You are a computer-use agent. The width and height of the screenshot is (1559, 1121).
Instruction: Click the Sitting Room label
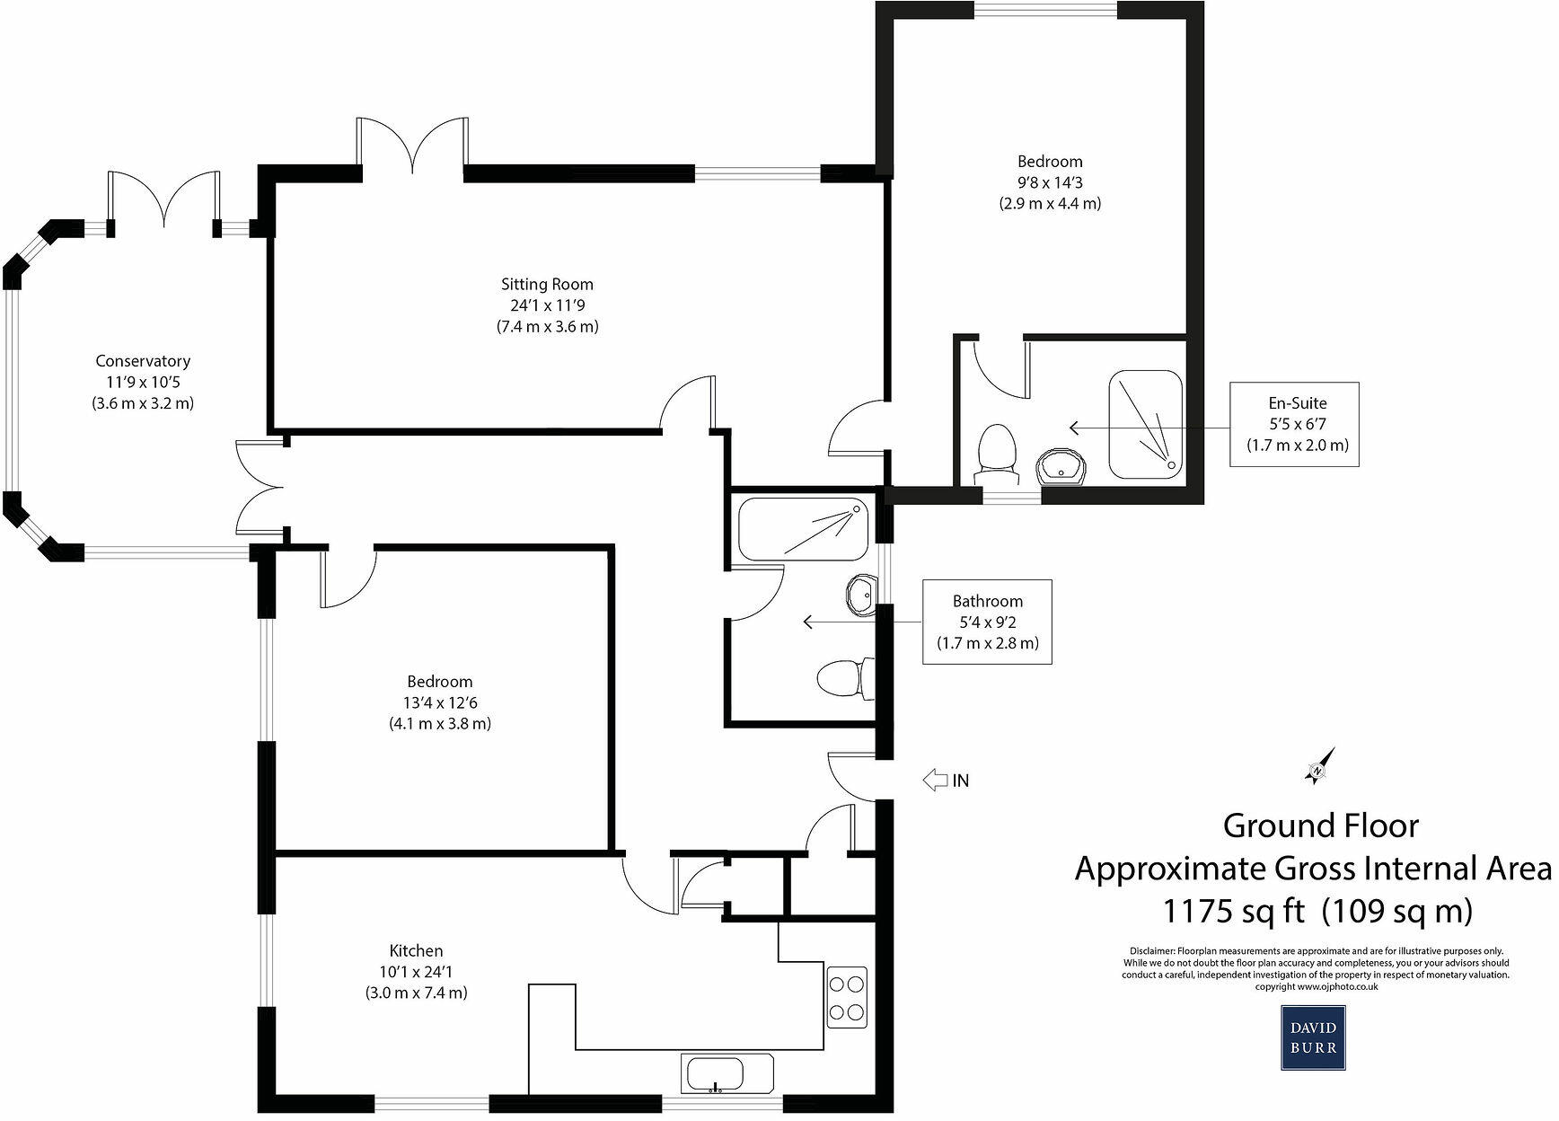tap(547, 285)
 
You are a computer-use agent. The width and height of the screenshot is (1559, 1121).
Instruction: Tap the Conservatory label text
tap(143, 361)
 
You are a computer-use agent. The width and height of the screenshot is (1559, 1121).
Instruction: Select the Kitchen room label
tap(416, 950)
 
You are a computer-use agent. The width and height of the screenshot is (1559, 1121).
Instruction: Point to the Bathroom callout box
tap(987, 622)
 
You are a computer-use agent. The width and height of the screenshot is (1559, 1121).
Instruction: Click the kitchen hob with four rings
tap(847, 996)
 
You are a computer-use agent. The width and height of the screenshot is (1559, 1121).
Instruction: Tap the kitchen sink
tap(716, 1073)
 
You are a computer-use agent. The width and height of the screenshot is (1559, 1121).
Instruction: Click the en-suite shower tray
tap(1146, 423)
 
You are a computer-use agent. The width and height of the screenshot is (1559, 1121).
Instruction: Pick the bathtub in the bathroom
tap(803, 528)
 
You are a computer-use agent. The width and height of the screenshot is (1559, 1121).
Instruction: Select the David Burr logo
tap(1313, 1037)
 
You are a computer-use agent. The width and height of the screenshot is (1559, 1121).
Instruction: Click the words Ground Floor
tap(1320, 825)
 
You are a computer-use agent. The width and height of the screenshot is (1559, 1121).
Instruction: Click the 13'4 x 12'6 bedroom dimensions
tap(439, 702)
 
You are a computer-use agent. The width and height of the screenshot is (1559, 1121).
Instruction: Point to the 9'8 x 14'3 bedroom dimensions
tap(1050, 182)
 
